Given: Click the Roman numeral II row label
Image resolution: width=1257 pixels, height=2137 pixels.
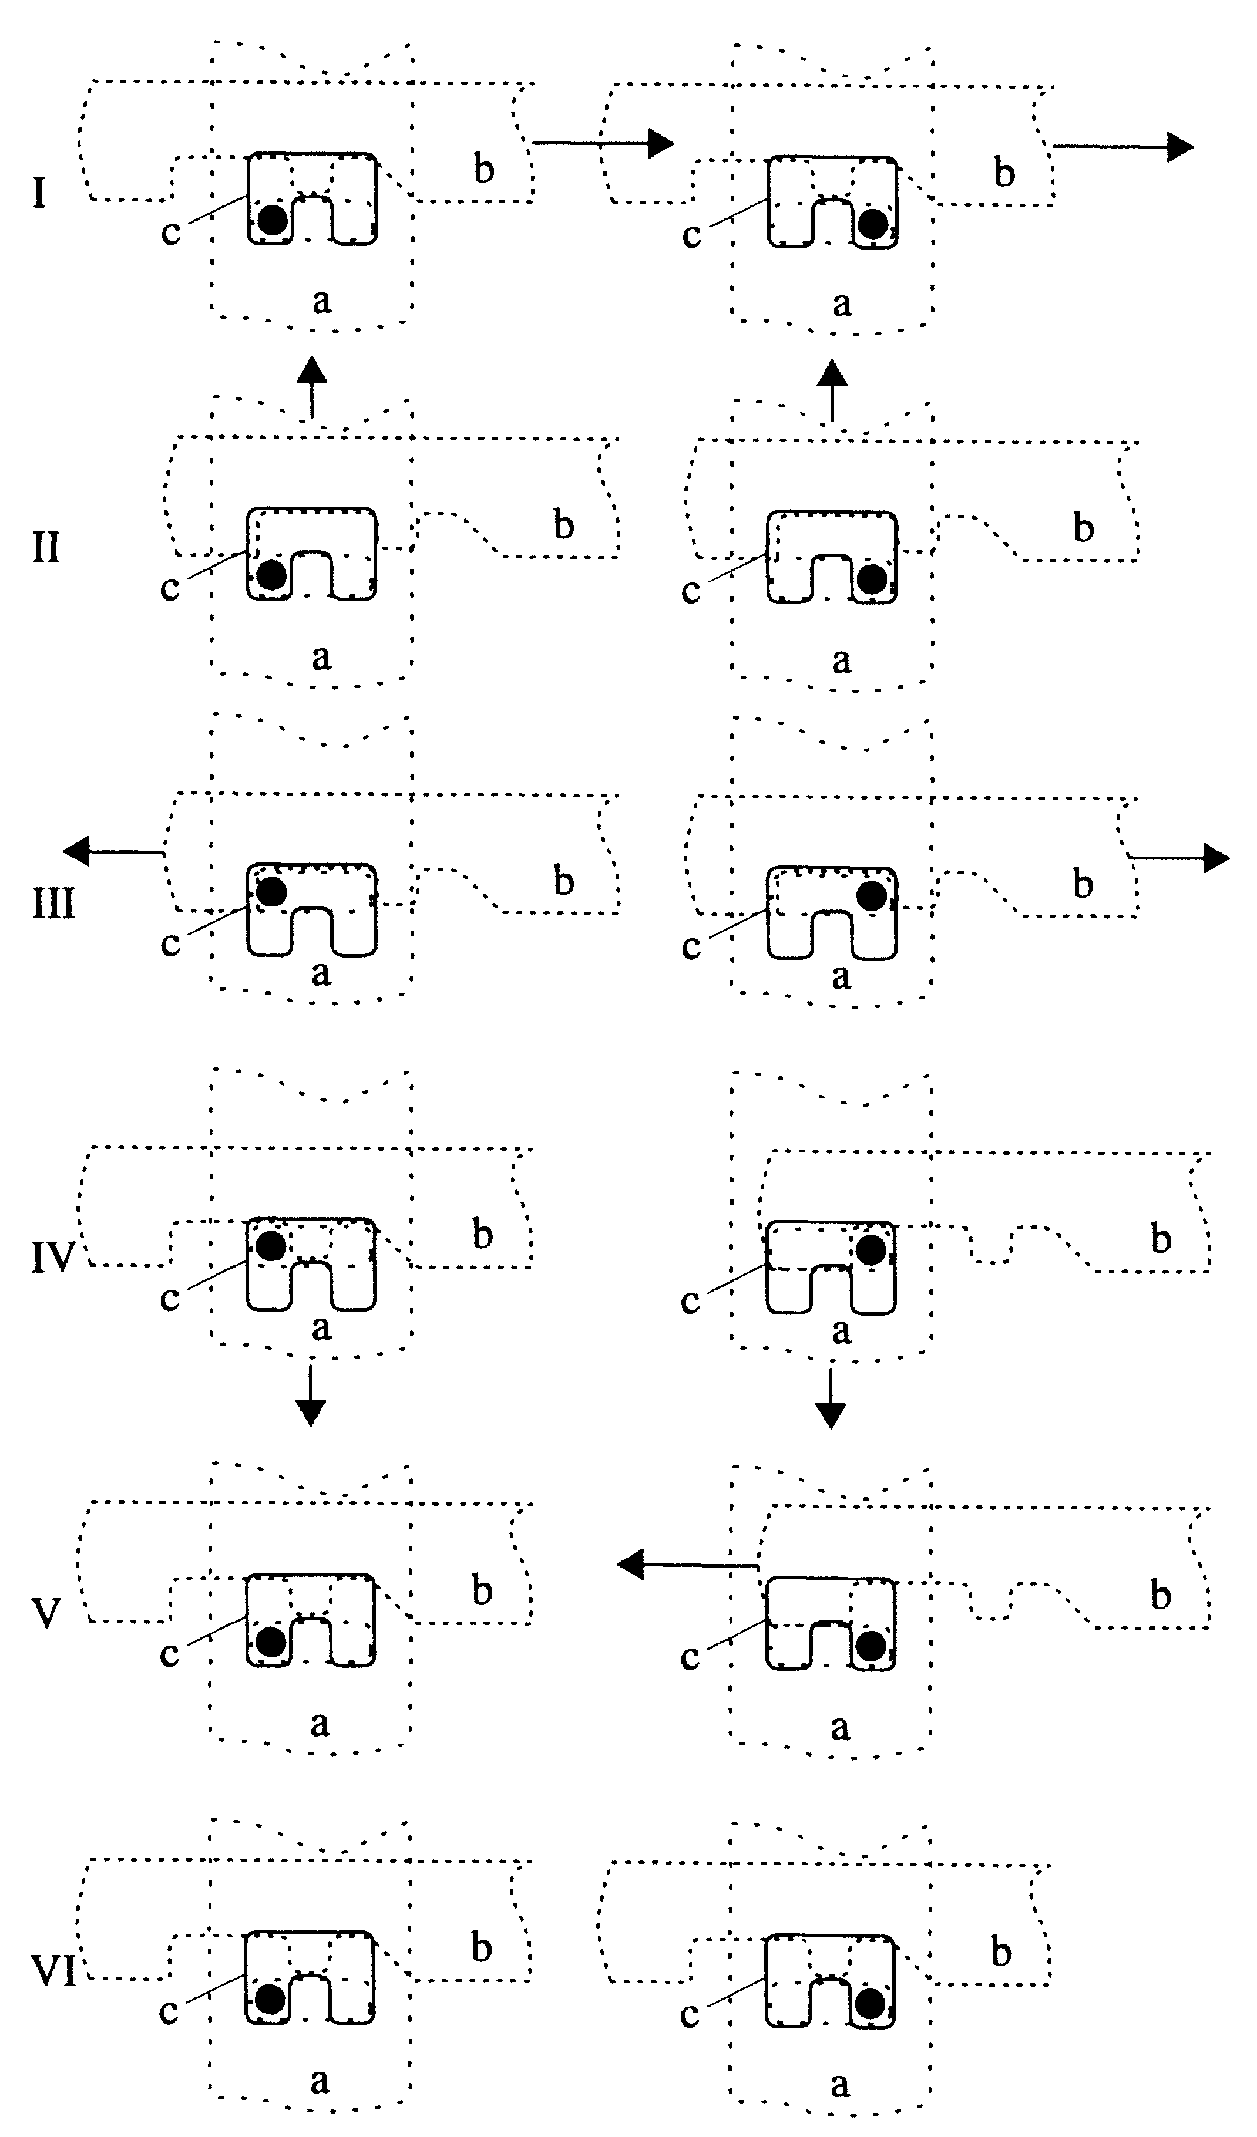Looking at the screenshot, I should point(46,549).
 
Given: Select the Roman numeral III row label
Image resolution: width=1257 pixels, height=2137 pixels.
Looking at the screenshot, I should point(53,905).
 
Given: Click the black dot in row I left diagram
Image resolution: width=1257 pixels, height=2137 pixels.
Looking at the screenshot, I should point(273,220).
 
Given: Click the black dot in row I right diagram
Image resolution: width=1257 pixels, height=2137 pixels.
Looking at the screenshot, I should point(873,224).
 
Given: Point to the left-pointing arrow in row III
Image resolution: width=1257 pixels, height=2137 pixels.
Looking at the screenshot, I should point(113,851).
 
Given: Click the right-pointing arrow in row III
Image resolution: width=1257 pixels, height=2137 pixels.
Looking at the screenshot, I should point(1179,858).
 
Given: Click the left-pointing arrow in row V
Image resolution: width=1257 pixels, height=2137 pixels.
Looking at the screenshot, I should point(687,1563).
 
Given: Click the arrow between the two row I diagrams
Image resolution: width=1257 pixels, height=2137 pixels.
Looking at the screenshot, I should point(602,143).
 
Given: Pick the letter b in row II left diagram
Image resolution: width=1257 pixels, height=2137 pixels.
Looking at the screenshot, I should point(564,525).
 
